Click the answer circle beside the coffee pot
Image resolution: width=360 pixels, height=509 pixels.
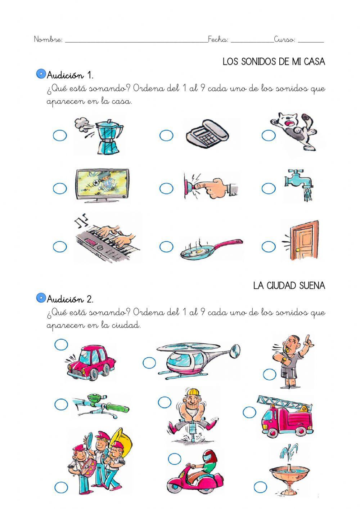pos(60,136)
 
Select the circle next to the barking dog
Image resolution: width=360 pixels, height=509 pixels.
pos(269,136)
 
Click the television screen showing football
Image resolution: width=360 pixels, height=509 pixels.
pos(103,183)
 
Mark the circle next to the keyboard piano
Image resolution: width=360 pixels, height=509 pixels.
pos(60,247)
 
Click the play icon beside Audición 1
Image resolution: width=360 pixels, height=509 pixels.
pos(41,74)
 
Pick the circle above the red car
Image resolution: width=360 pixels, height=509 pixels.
pos(61,344)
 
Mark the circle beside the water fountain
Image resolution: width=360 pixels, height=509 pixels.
pos(260,487)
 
